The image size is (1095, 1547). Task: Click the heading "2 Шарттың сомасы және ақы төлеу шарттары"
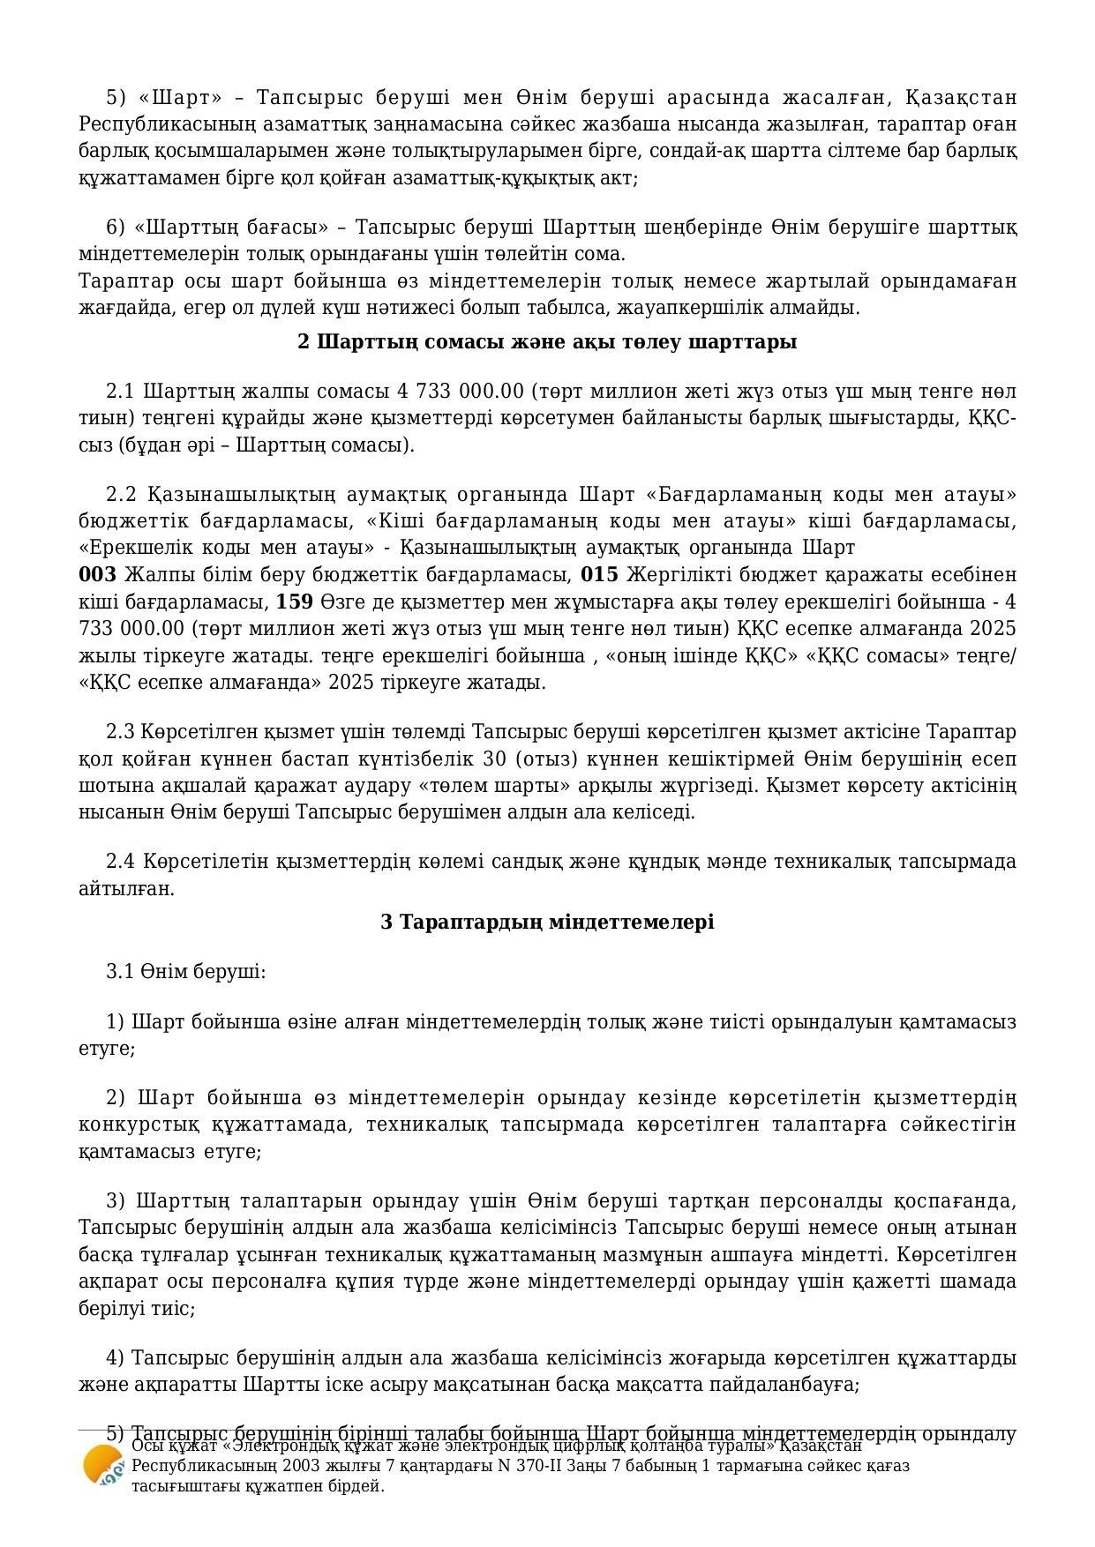coord(547,341)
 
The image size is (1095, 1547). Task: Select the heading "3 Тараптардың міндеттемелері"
coord(547,922)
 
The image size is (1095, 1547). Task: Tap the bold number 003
coord(97,575)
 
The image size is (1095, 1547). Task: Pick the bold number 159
coord(295,602)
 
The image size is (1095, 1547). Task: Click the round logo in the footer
coord(103,1466)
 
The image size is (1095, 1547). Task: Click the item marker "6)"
coord(116,228)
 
